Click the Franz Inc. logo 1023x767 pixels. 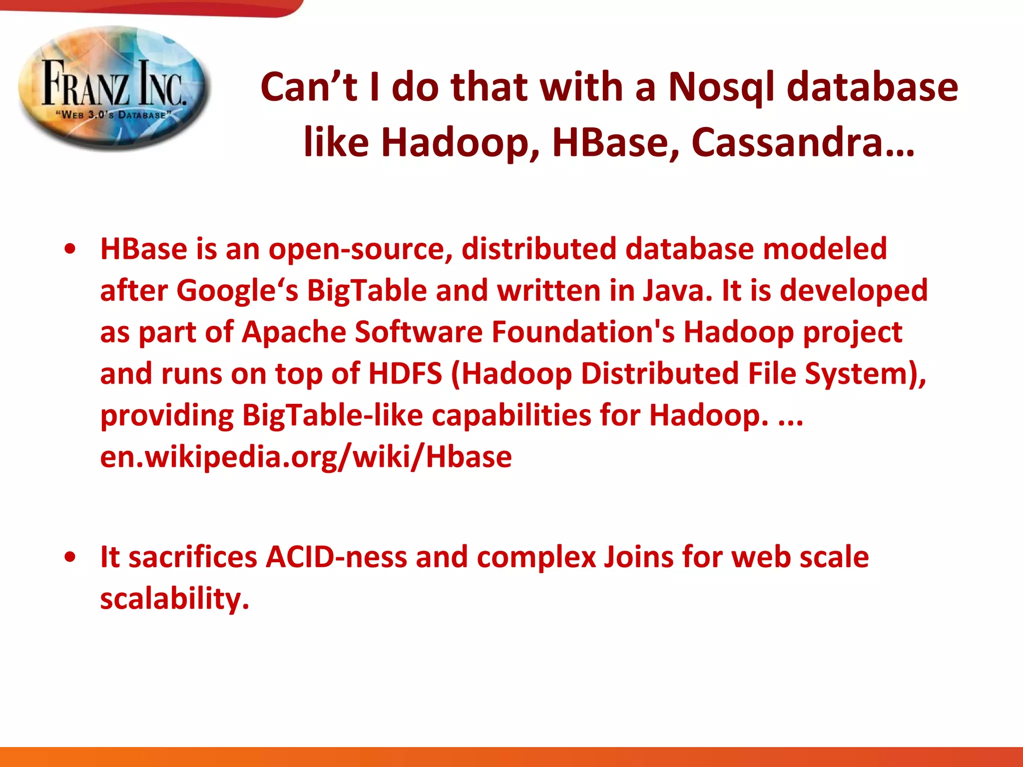[x=114, y=88]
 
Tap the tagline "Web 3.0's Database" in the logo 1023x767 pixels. [x=114, y=114]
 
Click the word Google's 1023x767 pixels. [x=237, y=291]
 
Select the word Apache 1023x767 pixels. [x=294, y=332]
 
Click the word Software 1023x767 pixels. [x=419, y=332]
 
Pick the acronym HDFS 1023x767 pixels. [x=405, y=374]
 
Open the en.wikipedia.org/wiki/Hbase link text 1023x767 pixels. [x=306, y=456]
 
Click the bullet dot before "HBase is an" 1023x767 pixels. [x=70, y=249]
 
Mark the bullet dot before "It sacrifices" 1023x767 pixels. [x=70, y=557]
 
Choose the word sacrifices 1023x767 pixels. [x=193, y=557]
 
